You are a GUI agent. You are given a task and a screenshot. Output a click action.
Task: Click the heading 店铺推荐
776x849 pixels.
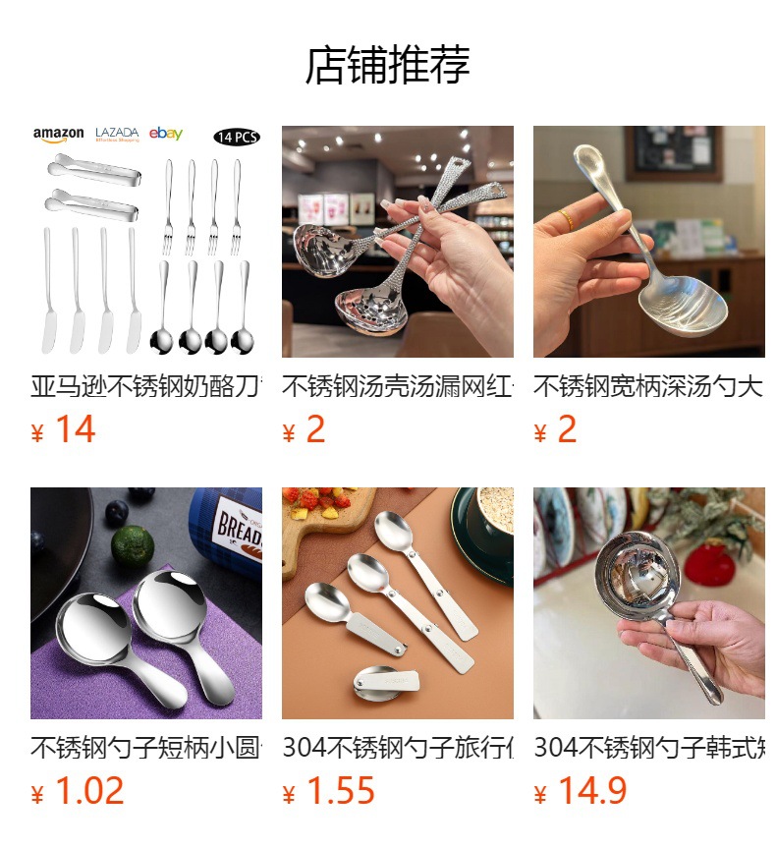click(x=387, y=65)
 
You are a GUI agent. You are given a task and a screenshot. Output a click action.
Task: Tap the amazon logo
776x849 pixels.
click(x=59, y=135)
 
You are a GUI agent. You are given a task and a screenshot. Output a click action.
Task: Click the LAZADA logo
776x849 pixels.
click(x=117, y=135)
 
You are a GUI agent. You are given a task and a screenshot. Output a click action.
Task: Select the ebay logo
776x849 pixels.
click(x=166, y=135)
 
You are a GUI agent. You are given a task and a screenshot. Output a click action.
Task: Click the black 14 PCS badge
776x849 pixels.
click(x=237, y=137)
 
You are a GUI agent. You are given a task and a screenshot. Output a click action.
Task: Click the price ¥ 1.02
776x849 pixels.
click(x=78, y=791)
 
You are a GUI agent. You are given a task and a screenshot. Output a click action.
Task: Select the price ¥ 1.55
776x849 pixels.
click(x=329, y=791)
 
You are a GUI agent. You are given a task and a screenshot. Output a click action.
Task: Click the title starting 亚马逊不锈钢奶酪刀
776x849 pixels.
click(x=145, y=386)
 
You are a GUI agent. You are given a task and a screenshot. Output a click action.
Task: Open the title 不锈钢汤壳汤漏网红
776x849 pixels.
click(x=397, y=386)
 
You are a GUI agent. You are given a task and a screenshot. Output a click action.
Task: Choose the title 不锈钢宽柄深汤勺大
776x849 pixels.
click(x=648, y=386)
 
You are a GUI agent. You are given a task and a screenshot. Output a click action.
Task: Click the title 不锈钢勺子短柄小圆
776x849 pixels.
click(x=145, y=748)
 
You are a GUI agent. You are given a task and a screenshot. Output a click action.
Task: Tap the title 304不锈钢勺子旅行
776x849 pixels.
click(x=397, y=748)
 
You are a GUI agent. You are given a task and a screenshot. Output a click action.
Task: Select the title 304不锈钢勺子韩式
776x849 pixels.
click(x=648, y=748)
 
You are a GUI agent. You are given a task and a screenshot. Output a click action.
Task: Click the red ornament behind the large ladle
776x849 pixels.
click(x=708, y=565)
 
